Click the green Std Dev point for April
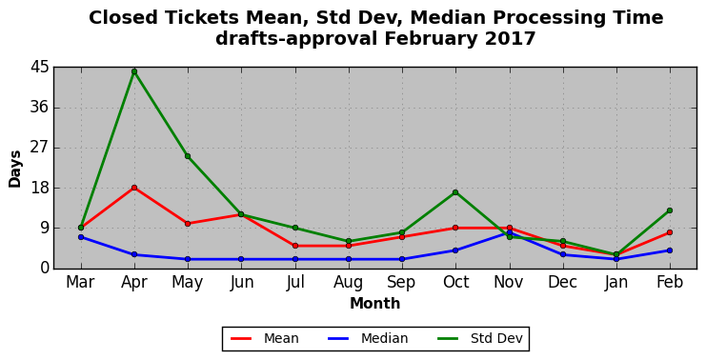(134, 71)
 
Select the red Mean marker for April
(134, 188)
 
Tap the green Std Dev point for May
(188, 156)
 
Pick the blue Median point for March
(81, 237)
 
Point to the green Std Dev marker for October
(455, 192)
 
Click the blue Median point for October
(455, 250)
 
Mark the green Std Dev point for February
(670, 210)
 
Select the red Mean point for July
(295, 246)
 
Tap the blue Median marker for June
(241, 259)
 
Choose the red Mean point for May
(188, 224)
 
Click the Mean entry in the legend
(265, 338)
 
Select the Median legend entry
(368, 338)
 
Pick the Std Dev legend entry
(479, 338)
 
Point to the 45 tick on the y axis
(39, 68)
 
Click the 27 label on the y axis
(39, 148)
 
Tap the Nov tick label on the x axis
(509, 282)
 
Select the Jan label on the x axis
(615, 282)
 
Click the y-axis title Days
(15, 169)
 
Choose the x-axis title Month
(375, 303)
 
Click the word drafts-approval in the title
(296, 39)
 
